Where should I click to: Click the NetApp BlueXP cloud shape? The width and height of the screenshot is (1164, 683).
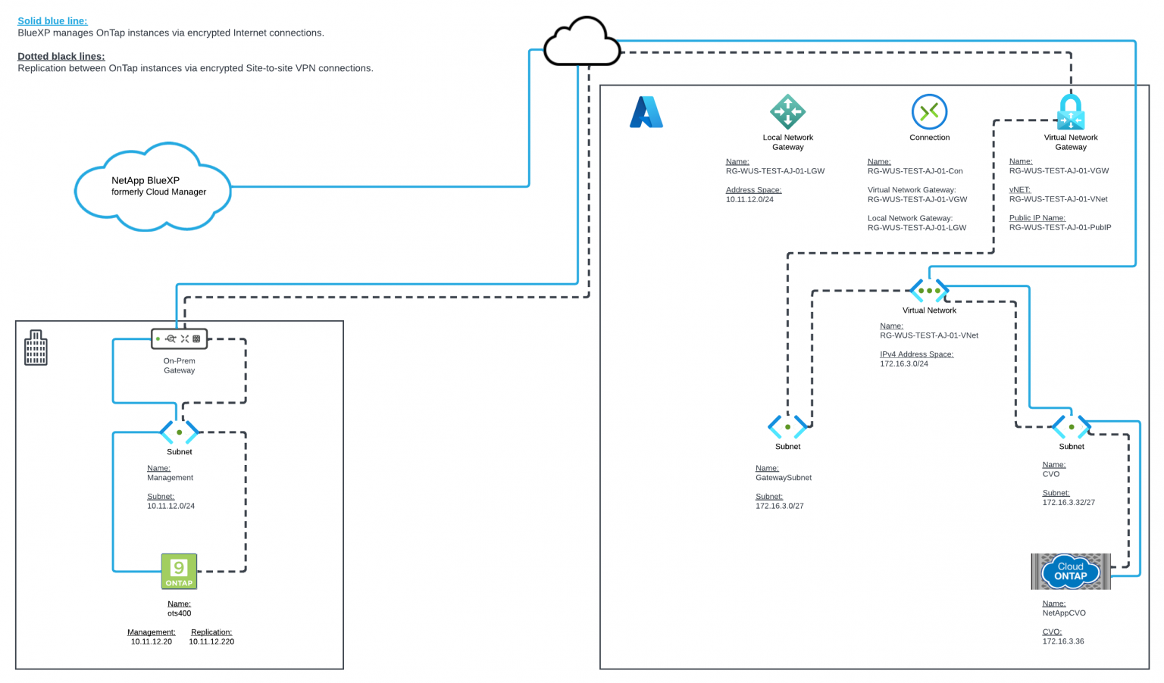[152, 186]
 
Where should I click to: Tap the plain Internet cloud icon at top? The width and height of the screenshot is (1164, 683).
[582, 42]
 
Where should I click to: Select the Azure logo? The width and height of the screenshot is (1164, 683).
[646, 112]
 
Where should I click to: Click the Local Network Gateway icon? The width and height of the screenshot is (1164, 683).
[787, 111]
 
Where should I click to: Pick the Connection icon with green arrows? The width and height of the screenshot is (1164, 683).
[929, 112]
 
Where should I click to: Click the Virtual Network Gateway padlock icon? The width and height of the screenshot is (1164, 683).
[1070, 112]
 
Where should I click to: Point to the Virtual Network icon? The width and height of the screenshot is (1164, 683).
[929, 291]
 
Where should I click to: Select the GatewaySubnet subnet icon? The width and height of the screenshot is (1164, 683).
[787, 427]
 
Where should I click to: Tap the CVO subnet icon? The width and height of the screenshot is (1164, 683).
[1071, 427]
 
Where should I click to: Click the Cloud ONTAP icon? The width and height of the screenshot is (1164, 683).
[1070, 571]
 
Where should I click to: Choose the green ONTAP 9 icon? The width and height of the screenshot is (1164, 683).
[179, 571]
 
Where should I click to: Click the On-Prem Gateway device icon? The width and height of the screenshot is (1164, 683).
[179, 338]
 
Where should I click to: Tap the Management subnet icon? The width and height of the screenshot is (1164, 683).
[179, 432]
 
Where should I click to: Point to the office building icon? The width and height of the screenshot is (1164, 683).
[36, 348]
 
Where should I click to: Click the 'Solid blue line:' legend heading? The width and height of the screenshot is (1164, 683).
[52, 21]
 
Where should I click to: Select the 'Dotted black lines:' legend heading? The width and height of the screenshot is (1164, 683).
[61, 56]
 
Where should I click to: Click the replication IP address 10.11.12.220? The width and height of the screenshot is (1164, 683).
[211, 641]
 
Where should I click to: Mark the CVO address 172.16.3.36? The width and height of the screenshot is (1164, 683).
[1062, 641]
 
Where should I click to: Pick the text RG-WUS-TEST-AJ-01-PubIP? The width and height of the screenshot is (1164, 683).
[1059, 227]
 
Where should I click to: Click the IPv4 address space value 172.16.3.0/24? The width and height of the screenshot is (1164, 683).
[904, 363]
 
